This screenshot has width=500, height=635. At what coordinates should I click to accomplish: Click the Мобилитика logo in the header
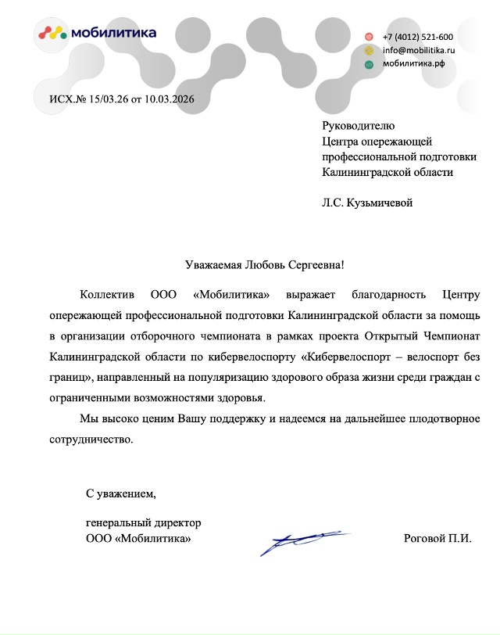(98, 32)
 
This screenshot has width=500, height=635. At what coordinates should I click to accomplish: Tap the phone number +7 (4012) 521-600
(417, 37)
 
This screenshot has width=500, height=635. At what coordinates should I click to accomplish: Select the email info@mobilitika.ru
(418, 50)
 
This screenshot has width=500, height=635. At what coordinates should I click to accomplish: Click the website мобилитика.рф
(413, 63)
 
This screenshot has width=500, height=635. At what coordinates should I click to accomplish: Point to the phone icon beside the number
(370, 37)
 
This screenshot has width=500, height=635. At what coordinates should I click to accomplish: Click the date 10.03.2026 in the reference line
(168, 99)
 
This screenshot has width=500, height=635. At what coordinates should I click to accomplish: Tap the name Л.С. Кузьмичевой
(366, 203)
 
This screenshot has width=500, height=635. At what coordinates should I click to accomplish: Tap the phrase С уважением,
(121, 493)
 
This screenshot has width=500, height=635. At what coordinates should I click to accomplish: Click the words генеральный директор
(143, 522)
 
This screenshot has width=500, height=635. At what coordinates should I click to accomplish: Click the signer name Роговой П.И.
(437, 539)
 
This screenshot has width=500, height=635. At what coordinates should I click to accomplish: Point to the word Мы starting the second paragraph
(88, 418)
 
